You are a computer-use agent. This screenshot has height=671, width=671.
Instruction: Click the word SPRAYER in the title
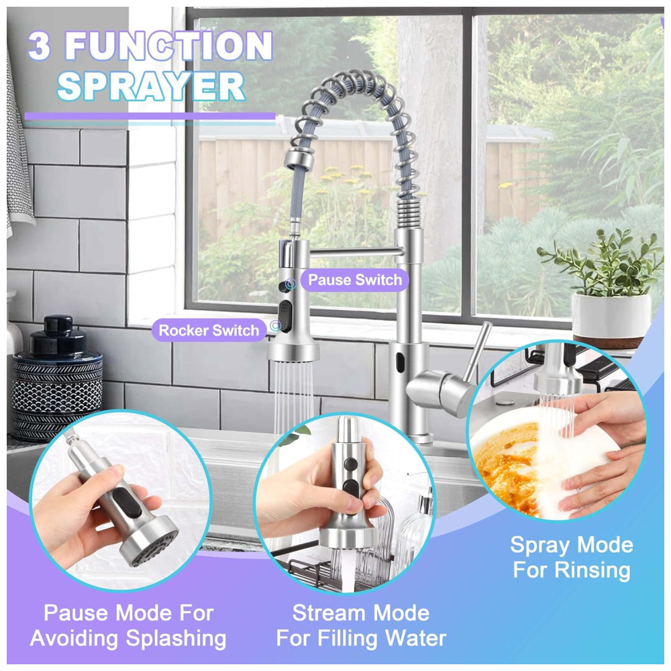click(150, 86)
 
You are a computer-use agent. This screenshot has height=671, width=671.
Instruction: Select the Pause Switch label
click(355, 280)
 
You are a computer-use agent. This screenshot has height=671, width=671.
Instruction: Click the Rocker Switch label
click(209, 330)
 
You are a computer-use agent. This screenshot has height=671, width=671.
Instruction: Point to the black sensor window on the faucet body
click(400, 362)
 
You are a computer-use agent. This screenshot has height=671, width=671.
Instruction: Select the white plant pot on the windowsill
click(611, 316)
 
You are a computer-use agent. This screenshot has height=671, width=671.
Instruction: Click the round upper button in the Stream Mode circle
click(350, 463)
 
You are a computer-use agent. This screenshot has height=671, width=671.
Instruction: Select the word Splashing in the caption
click(176, 639)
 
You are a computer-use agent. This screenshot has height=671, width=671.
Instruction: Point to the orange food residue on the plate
click(505, 466)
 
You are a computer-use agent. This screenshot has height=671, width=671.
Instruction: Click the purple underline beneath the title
click(150, 116)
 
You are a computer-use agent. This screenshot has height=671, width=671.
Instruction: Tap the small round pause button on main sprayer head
click(284, 285)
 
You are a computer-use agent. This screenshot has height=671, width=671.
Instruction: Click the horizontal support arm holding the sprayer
click(356, 252)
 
